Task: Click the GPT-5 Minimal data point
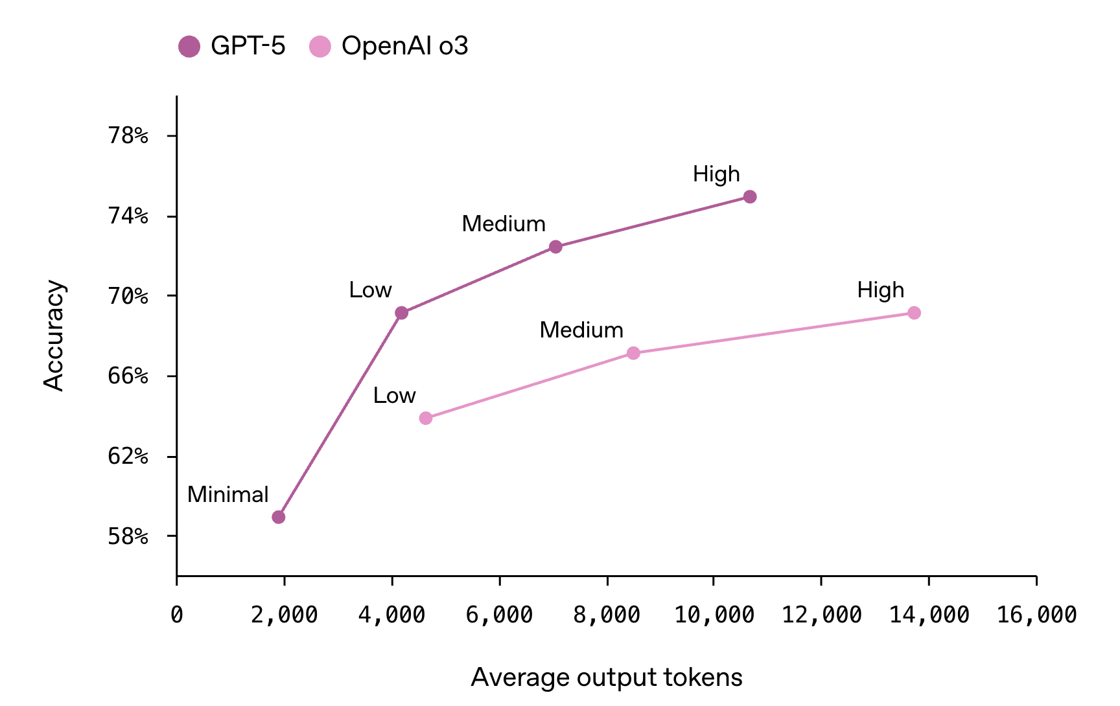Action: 279,517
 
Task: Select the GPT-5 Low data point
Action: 402,313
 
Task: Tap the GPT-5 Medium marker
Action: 555,247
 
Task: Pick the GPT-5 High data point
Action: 750,197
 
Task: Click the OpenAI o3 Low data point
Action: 426,418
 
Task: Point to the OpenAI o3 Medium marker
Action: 633,353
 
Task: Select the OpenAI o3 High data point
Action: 914,313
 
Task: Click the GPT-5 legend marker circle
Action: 189,47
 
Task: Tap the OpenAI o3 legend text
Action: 404,47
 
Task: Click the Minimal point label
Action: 227,495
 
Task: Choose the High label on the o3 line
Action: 880,290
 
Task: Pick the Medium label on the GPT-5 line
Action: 504,224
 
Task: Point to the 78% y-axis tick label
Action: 128,136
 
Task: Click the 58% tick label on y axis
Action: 128,537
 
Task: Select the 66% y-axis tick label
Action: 128,376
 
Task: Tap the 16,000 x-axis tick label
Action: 1036,615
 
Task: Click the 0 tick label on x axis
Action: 177,615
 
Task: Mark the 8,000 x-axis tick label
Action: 607,615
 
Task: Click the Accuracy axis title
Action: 54,336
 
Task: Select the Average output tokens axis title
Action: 607,678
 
